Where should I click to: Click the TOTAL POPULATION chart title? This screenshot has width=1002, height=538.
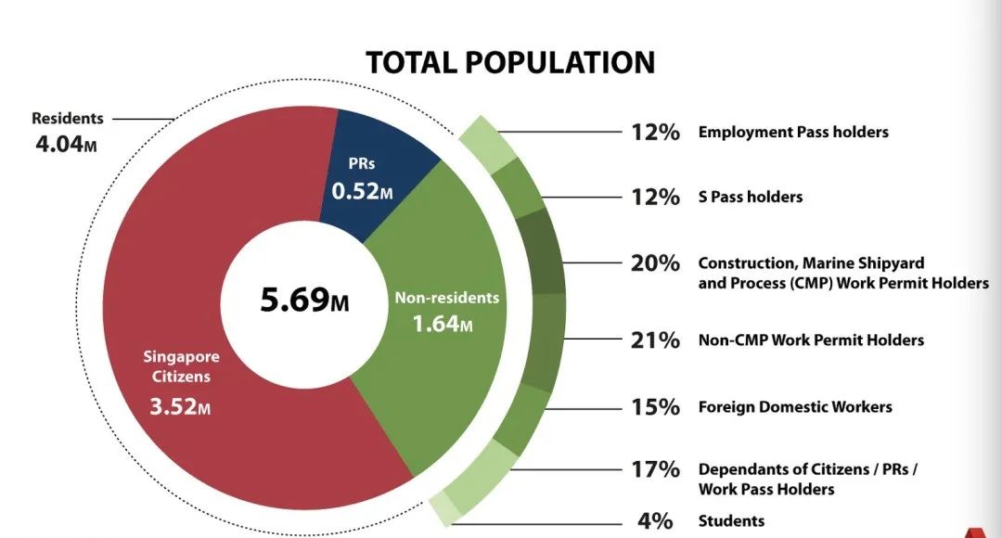point(510,62)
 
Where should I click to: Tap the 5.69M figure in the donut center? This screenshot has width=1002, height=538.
point(304,301)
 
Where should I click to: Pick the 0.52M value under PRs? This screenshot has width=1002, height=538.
point(362,192)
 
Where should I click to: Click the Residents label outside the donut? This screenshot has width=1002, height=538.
point(68,119)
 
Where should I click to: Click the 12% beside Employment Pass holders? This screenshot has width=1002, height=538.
point(655,132)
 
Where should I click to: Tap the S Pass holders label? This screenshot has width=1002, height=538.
point(750,197)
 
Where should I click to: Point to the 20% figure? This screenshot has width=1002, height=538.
point(655,263)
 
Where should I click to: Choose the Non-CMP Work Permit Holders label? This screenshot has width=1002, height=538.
point(811,340)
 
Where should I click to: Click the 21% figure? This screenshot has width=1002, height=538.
point(655,340)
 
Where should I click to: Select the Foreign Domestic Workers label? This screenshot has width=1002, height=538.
point(795,407)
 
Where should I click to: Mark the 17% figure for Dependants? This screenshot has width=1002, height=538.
point(655,469)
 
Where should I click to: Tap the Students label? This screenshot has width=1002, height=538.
point(731,520)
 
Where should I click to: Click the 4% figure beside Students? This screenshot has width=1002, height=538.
point(655,520)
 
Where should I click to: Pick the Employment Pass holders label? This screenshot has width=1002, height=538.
point(793,132)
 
